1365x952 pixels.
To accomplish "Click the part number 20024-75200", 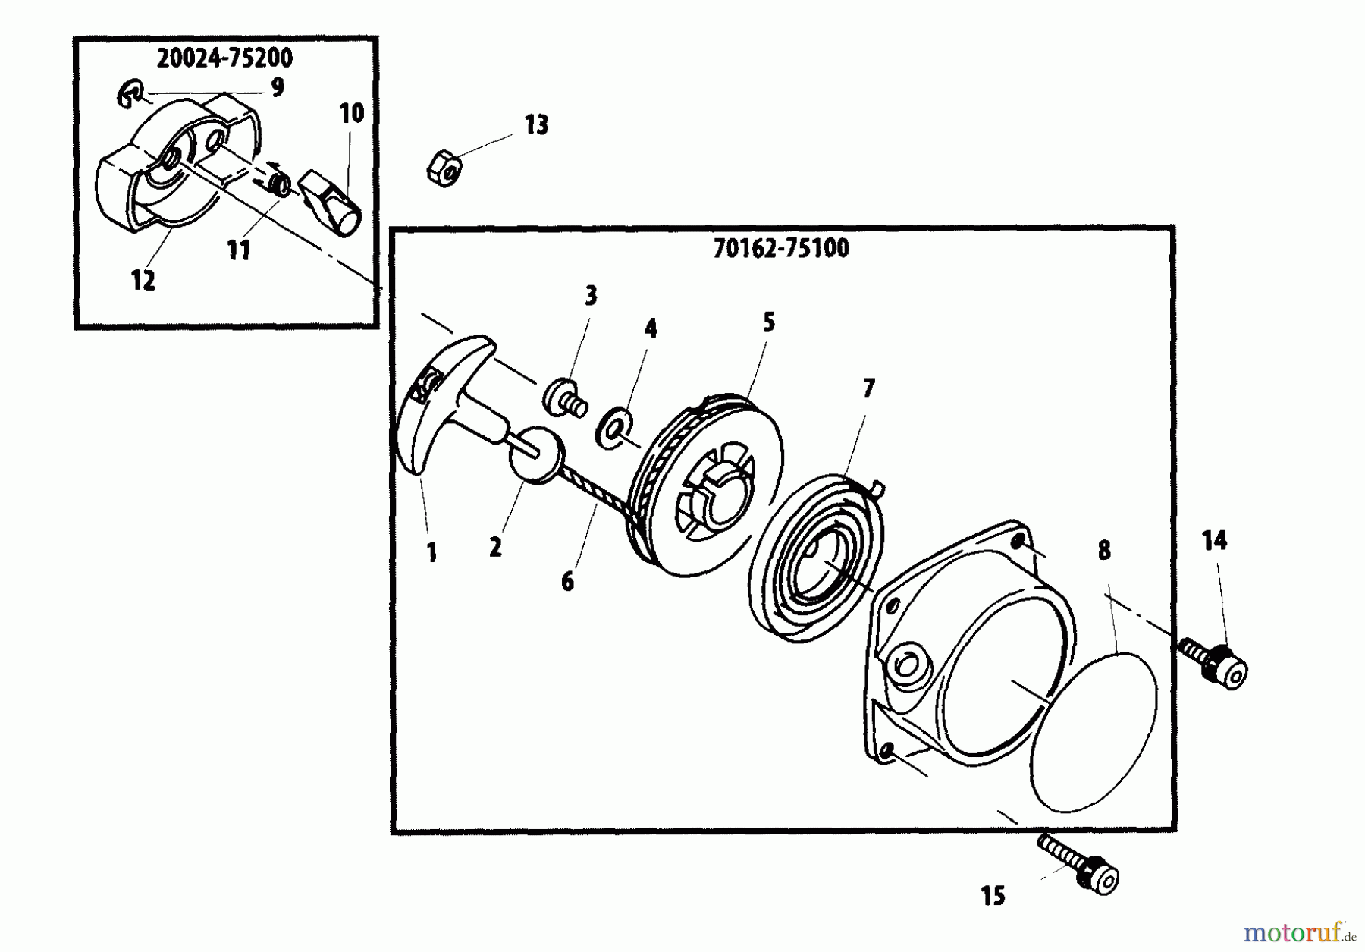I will tap(224, 58).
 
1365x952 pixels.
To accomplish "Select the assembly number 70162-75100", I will tap(780, 249).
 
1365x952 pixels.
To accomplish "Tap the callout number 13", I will tap(536, 125).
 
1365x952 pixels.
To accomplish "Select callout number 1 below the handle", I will tap(431, 552).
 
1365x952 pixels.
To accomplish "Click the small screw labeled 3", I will tap(566, 399).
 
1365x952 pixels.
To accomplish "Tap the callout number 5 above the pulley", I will tap(768, 322).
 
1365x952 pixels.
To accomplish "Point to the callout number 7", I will tap(868, 389).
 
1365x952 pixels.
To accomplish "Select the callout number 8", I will tap(1103, 551).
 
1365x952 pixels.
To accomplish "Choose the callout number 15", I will tap(992, 896).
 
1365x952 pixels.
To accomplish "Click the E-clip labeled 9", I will tap(130, 96).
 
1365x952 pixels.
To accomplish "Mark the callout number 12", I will tap(143, 281).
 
